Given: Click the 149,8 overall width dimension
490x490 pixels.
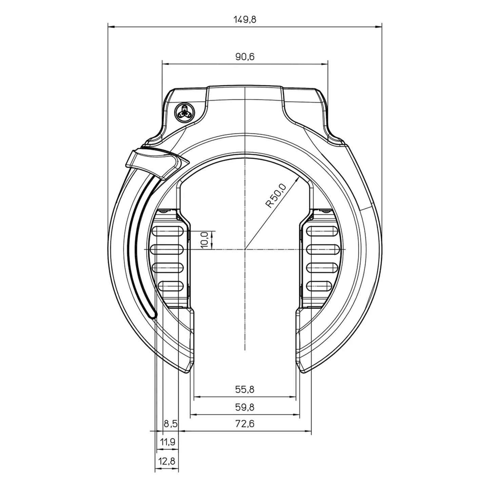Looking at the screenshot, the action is [244, 19].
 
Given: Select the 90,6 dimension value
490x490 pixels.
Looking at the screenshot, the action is [244, 57].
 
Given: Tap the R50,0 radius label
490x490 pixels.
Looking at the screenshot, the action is [276, 196].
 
